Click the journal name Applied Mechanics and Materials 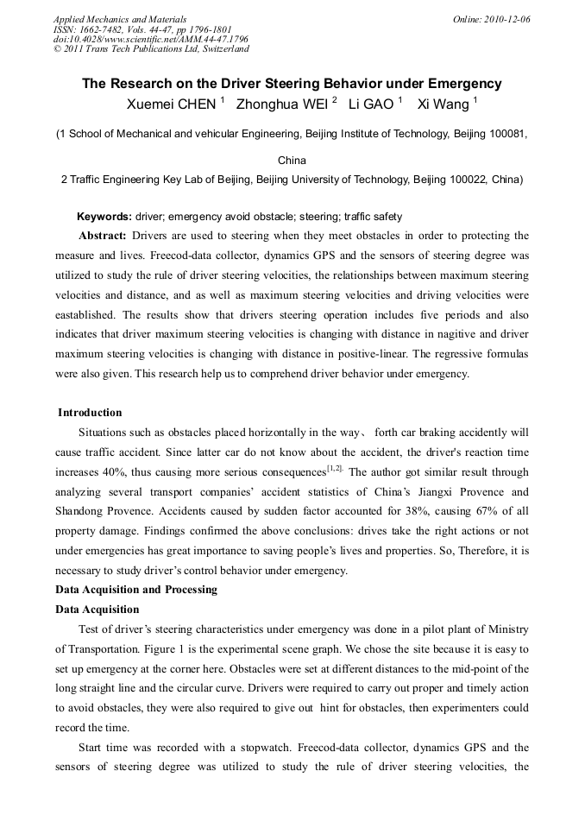click(x=119, y=18)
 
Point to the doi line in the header click(x=150, y=39)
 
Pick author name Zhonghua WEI click(x=269, y=104)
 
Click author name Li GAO click(x=370, y=104)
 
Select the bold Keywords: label click(x=104, y=217)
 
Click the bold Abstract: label click(x=103, y=236)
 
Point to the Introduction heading click(x=90, y=413)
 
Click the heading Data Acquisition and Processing click(x=136, y=590)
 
